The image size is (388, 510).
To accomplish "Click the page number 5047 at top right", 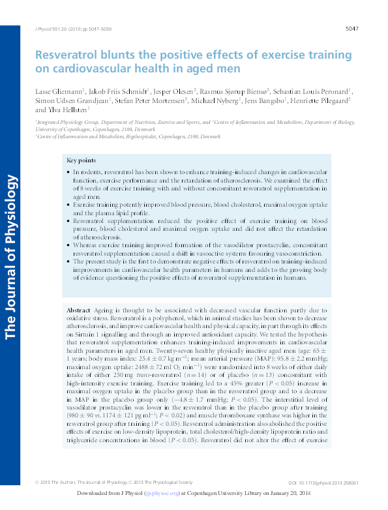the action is coord(352,29).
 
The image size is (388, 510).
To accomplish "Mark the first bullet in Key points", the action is coord(68,171).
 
